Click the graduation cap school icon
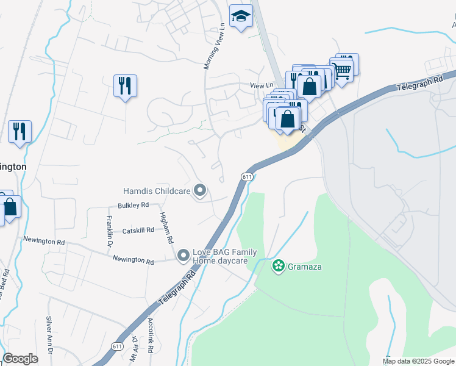tap(241, 16)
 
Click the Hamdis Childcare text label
tap(157, 192)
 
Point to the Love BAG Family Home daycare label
tap(224, 256)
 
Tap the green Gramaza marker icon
tap(279, 266)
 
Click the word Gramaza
tap(305, 267)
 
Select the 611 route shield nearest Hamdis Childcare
tap(246, 177)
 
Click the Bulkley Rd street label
tap(134, 205)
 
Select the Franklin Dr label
tap(110, 227)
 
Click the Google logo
tap(21, 359)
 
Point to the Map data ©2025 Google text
tap(418, 361)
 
